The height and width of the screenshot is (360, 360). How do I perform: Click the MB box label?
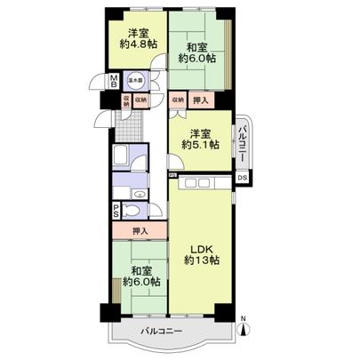113,83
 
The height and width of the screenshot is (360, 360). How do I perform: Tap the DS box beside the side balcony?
242,178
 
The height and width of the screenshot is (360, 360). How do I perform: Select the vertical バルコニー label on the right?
241,141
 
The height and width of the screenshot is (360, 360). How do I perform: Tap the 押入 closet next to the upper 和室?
202,100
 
